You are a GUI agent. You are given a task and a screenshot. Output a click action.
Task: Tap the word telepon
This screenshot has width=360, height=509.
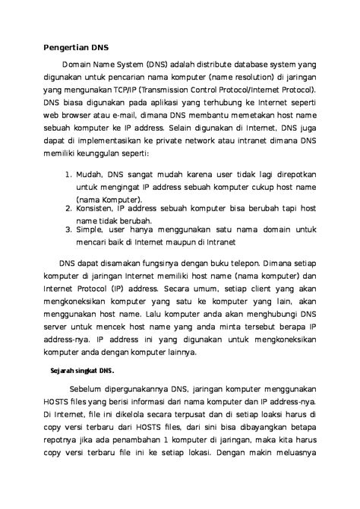point(235,257)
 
